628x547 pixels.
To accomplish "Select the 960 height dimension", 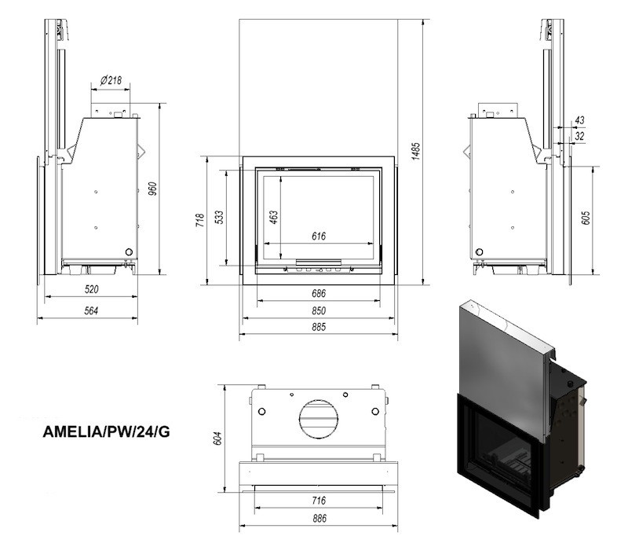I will tap(154, 190).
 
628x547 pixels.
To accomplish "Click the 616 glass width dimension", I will tap(318, 236).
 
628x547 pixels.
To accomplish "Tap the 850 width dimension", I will tap(318, 310).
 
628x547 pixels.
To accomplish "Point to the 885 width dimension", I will tap(318, 329).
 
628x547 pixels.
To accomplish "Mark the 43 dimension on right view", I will tap(579, 120).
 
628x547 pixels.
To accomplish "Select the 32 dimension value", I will tap(579, 136).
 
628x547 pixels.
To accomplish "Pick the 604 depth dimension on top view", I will tap(219, 436).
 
